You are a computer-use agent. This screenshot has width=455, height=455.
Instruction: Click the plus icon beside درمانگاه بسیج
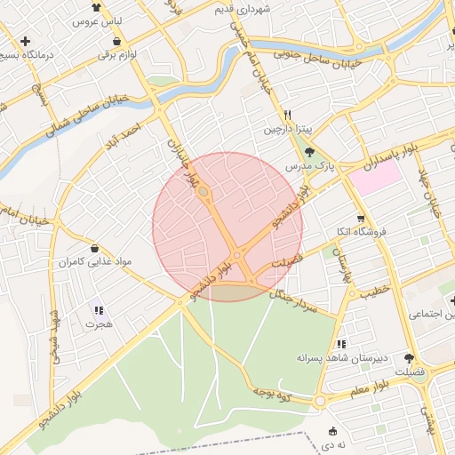(26, 41)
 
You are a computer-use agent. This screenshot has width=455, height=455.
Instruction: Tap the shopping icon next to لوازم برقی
(116, 41)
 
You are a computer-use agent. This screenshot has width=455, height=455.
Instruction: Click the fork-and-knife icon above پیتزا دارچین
(287, 115)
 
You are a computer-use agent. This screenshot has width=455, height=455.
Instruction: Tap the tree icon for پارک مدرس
(309, 153)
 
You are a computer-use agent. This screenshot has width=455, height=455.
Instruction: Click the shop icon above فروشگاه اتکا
(360, 219)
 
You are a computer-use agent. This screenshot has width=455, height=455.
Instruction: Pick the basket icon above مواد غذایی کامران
(94, 248)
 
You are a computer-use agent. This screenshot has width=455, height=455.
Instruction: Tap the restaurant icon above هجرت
(99, 311)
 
